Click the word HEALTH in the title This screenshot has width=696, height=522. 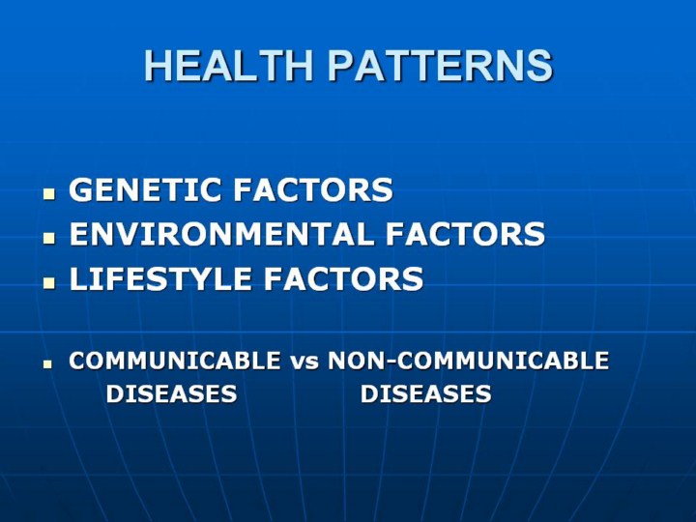(x=229, y=66)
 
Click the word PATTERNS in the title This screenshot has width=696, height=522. (x=441, y=66)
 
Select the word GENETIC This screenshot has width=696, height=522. (x=145, y=189)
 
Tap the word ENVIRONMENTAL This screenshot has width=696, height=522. (x=220, y=234)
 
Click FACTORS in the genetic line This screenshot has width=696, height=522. (x=313, y=189)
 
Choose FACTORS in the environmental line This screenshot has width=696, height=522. (x=465, y=234)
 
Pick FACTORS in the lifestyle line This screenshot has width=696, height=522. (x=343, y=278)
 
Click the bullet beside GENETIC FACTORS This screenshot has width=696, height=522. (x=49, y=194)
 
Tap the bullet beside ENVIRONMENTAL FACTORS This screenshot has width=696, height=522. (x=49, y=239)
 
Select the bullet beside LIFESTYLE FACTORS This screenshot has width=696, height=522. (x=49, y=283)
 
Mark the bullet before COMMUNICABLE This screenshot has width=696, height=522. (x=47, y=364)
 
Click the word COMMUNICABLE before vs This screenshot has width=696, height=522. (x=175, y=361)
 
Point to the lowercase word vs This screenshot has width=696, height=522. (x=304, y=362)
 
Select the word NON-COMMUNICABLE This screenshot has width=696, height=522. (x=468, y=361)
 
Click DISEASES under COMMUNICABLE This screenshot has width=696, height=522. (x=171, y=393)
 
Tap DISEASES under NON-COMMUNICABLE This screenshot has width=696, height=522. (x=425, y=393)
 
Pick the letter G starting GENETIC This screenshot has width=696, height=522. (x=80, y=189)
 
